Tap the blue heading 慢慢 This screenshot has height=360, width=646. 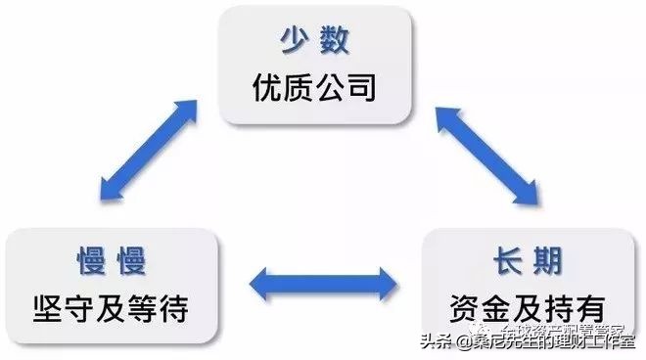(x=113, y=261)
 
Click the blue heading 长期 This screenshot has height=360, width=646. (x=531, y=261)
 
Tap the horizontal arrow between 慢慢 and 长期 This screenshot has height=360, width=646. (x=323, y=284)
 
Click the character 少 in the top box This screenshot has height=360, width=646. (x=296, y=44)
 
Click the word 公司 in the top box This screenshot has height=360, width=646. (x=350, y=91)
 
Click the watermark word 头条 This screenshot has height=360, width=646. (x=438, y=341)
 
